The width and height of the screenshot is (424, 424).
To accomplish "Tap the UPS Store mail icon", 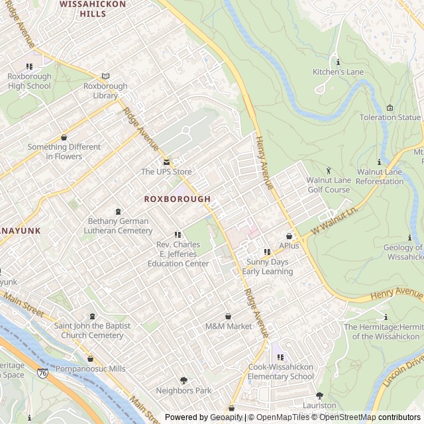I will pyautogui.click(x=166, y=162).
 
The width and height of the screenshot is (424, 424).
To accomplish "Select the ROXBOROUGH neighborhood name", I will pyautogui.click(x=177, y=199).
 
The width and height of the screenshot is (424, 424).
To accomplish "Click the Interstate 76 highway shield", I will pyautogui.click(x=42, y=374).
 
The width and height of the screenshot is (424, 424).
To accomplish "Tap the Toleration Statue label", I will pyautogui.click(x=390, y=117).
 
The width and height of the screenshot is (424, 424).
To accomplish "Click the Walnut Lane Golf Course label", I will pyautogui.click(x=328, y=185).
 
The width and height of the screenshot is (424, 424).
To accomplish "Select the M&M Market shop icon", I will pyautogui.click(x=229, y=316).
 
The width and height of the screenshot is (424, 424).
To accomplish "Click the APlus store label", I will pyautogui.click(x=289, y=246).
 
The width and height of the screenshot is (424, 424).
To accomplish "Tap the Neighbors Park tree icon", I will pyautogui.click(x=184, y=380).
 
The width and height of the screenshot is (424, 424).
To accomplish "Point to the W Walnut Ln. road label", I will pyautogui.click(x=335, y=221).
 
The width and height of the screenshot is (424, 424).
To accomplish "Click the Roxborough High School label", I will pyautogui.click(x=29, y=81).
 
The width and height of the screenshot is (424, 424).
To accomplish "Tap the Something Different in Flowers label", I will pyautogui.click(x=64, y=152).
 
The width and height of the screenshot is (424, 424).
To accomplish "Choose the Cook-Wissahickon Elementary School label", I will pyautogui.click(x=281, y=372).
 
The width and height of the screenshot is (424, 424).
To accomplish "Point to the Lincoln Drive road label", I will pyautogui.click(x=401, y=373).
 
